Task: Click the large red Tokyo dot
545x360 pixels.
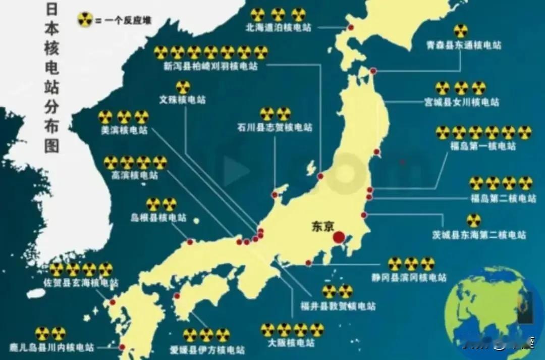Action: pos(339,237)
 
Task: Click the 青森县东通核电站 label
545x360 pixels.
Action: pos(464,45)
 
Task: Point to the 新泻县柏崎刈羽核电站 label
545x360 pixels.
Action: pos(210,66)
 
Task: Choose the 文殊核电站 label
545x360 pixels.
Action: pos(182,99)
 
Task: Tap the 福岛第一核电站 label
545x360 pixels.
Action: pos(483,146)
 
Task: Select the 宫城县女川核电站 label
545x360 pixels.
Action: pos(461,102)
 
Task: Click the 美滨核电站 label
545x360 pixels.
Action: pos(124,130)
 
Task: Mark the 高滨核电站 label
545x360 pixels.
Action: pos(135,176)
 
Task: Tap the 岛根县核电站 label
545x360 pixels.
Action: pos(158,218)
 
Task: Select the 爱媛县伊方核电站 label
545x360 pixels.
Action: pos(207,349)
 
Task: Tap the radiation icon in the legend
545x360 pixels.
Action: pos(84,21)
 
